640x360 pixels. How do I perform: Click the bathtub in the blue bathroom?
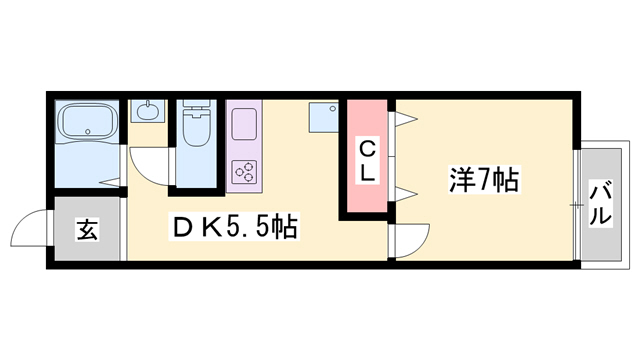[88, 123]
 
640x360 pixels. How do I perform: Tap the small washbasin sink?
[147, 111]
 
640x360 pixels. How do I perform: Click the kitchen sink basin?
[245, 125]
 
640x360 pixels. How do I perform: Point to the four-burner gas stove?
[245, 171]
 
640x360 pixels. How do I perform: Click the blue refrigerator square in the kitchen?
[323, 118]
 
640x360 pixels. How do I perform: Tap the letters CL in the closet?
[367, 161]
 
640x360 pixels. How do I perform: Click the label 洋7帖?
[482, 182]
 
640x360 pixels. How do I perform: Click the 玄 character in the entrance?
[87, 230]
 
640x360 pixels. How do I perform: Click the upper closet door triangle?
[404, 122]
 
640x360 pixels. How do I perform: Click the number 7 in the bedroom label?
[483, 182]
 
